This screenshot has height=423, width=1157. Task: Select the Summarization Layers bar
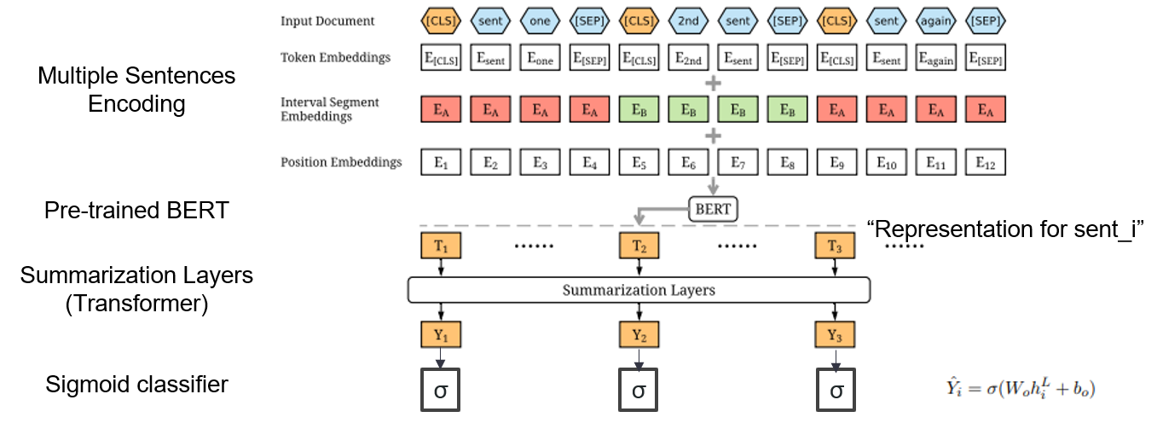point(639,290)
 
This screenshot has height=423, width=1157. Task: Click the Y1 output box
point(441,333)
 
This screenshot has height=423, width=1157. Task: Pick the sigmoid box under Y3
point(836,391)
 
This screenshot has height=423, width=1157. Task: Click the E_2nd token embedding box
point(688,58)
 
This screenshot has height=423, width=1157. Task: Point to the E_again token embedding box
point(935,58)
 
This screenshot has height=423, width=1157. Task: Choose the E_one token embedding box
point(540,58)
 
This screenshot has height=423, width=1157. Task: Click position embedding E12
point(985,162)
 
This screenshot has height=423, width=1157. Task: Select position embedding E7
point(738,162)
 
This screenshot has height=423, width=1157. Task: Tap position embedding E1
point(441,162)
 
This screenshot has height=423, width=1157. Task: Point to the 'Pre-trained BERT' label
point(136,210)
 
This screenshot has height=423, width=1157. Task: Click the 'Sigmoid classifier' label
point(136,385)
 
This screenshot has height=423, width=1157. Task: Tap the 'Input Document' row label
point(327,21)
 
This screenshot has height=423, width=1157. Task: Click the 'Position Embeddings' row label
point(341,162)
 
